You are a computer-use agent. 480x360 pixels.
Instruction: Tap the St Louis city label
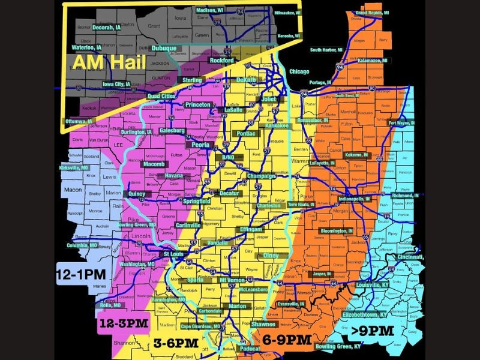[x=174, y=254]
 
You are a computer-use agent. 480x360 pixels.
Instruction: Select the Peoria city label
[x=199, y=145]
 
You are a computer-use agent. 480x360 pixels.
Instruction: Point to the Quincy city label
[x=137, y=194]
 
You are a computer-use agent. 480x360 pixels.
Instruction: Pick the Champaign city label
[x=261, y=176]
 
